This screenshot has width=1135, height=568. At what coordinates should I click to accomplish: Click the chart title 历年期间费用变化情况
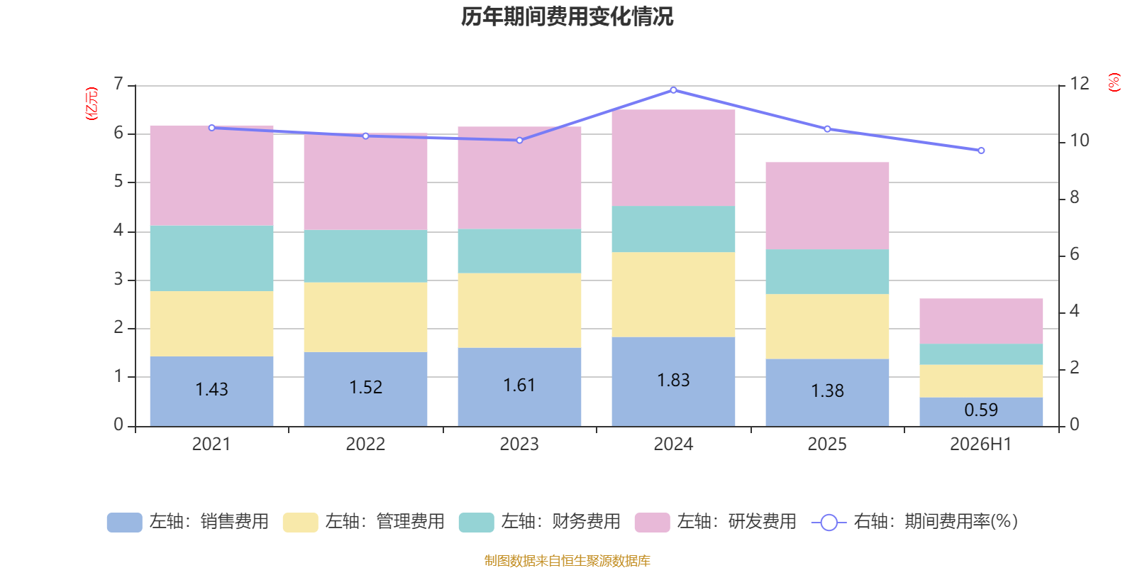[567, 17]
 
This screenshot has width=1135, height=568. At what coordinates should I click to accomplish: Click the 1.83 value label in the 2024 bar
[673, 381]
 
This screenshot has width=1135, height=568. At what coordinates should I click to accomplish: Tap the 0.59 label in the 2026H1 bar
[981, 410]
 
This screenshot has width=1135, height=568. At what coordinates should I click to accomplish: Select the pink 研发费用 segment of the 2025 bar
[827, 205]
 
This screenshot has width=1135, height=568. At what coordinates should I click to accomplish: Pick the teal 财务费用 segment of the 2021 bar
[212, 258]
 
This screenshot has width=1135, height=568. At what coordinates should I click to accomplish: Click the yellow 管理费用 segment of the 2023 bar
[519, 310]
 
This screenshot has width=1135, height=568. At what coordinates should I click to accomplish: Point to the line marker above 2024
[673, 90]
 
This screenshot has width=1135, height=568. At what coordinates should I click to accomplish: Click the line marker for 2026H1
[981, 151]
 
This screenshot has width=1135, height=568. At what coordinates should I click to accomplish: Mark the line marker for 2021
[212, 128]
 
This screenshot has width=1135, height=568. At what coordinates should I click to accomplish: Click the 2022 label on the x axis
[365, 444]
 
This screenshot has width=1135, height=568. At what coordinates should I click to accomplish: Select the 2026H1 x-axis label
[981, 444]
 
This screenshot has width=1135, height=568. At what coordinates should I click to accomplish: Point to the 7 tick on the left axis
[118, 84]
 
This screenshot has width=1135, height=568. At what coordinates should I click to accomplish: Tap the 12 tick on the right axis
[1079, 84]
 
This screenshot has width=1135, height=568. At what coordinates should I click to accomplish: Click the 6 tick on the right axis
[1074, 254]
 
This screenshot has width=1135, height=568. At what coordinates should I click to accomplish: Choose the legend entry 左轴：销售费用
[188, 522]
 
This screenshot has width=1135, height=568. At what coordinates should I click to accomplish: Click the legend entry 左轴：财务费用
[540, 522]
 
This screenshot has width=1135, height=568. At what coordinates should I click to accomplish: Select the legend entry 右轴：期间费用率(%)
[914, 522]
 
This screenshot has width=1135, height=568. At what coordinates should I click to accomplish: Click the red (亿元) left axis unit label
[92, 104]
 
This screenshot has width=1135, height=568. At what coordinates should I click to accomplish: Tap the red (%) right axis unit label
[1114, 82]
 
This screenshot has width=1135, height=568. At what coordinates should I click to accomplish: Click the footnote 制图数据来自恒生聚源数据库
[567, 560]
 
